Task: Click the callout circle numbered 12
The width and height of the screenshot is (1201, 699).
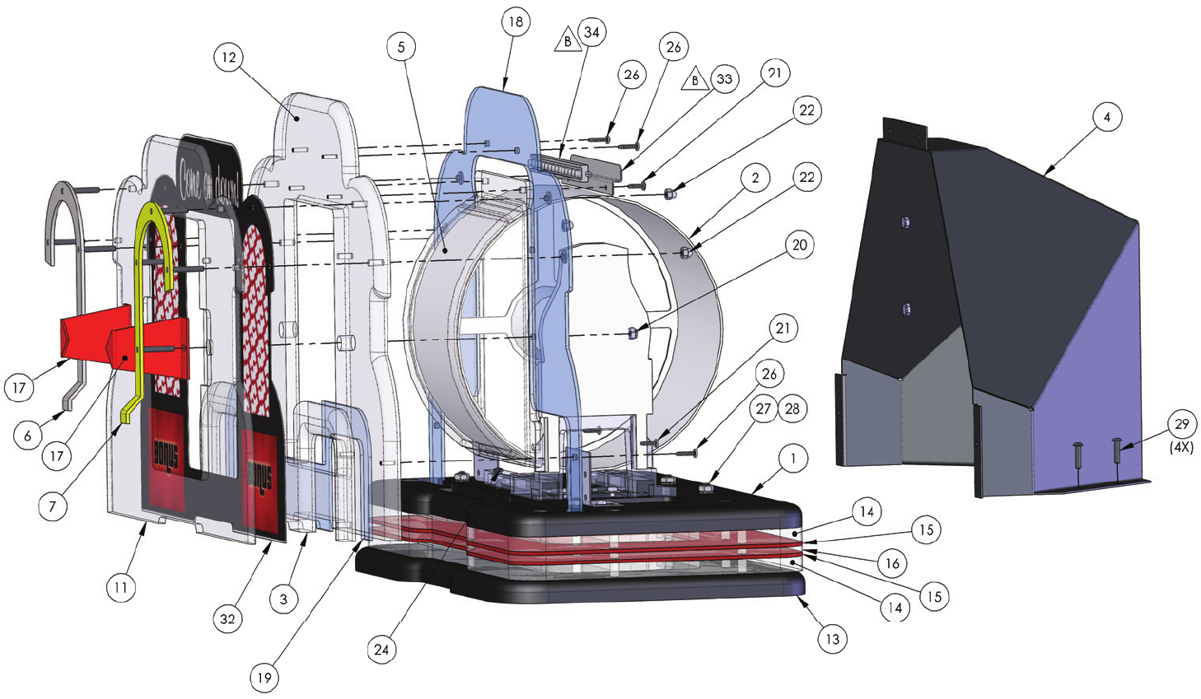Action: pos(229,58)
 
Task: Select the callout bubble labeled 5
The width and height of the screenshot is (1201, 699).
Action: pos(401,47)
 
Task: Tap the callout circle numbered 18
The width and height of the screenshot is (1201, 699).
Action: pos(516,21)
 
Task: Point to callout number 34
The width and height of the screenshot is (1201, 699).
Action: pos(591,32)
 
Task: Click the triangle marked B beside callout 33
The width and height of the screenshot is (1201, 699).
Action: pos(696,79)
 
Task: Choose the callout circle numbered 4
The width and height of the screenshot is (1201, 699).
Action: pos(1107,117)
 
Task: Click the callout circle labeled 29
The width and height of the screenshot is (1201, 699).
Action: pos(1182,424)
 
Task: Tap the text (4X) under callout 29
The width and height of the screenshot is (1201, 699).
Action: pos(1182,448)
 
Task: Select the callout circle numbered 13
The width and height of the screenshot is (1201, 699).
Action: pos(833,639)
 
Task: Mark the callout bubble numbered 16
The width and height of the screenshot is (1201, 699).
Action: pos(892,563)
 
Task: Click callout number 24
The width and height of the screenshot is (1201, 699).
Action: pos(381,650)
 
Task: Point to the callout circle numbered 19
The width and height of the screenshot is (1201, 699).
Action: pos(264,678)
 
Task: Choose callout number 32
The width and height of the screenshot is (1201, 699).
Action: pos(228,618)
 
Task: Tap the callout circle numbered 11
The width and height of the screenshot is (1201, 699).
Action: pos(121,588)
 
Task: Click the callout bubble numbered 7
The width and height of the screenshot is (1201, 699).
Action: pos(53,506)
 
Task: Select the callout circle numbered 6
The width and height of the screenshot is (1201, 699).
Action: pos(28,436)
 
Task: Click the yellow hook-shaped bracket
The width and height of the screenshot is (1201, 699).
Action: pos(148,247)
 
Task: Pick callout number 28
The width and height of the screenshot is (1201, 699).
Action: pos(792,408)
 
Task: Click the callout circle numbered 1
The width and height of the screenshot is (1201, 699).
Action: pos(793,459)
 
